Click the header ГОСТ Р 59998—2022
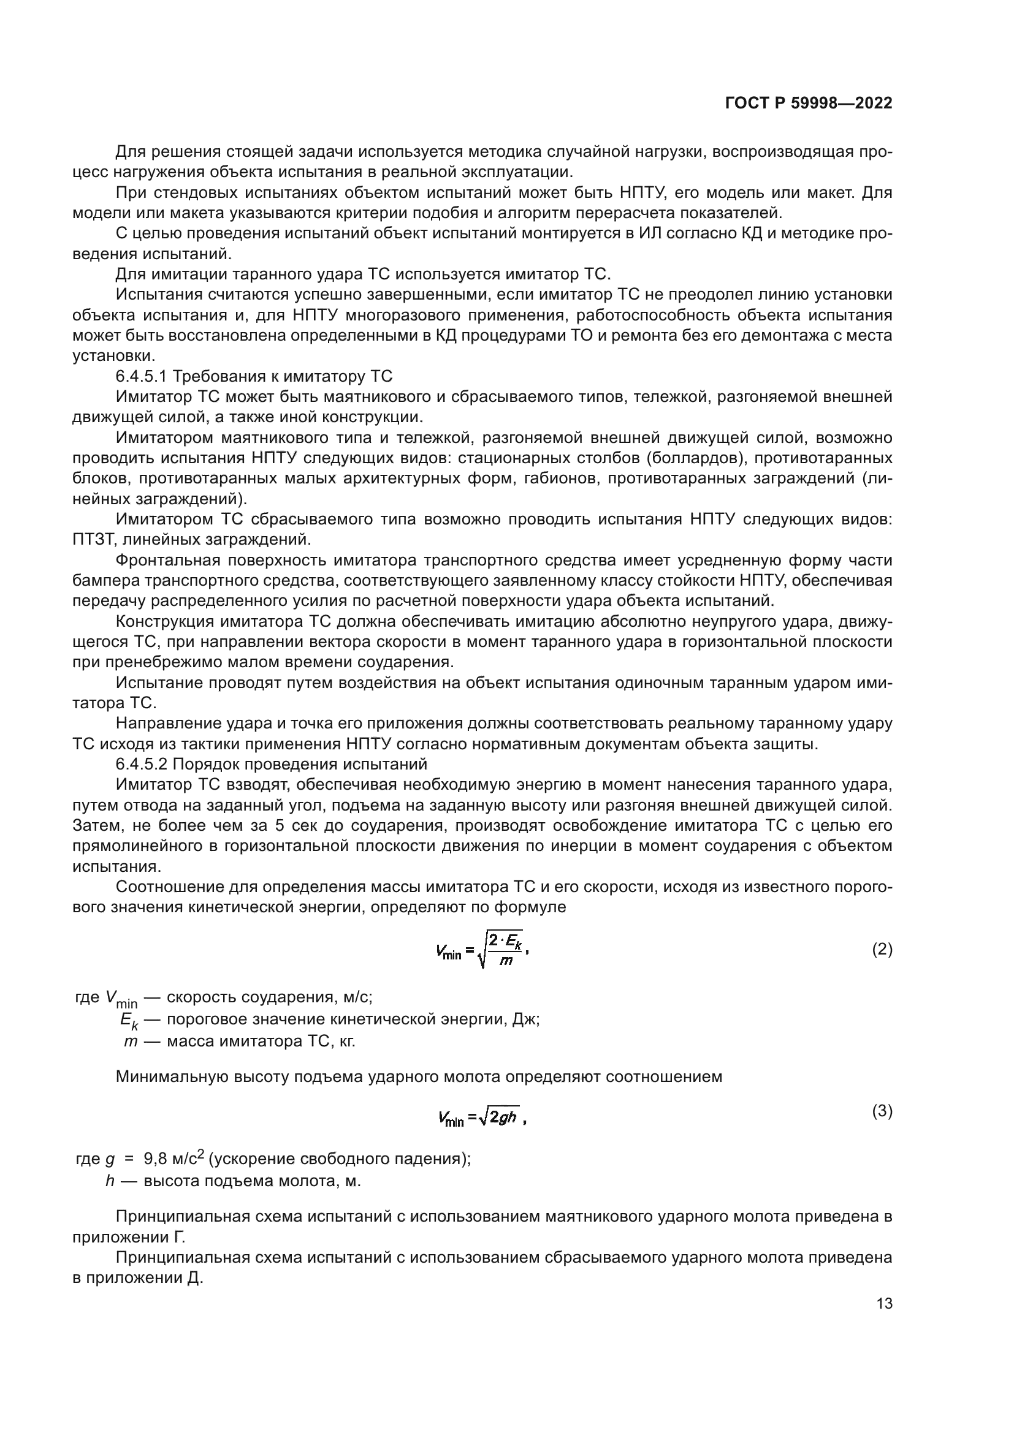pos(809,104)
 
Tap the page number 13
pos(884,1303)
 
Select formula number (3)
pos(882,1110)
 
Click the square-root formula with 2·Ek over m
pos(482,951)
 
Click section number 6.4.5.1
pos(142,376)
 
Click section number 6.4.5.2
pos(142,764)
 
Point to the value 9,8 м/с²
pos(174,1159)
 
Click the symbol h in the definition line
pos(109,1181)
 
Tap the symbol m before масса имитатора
pos(130,1041)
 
